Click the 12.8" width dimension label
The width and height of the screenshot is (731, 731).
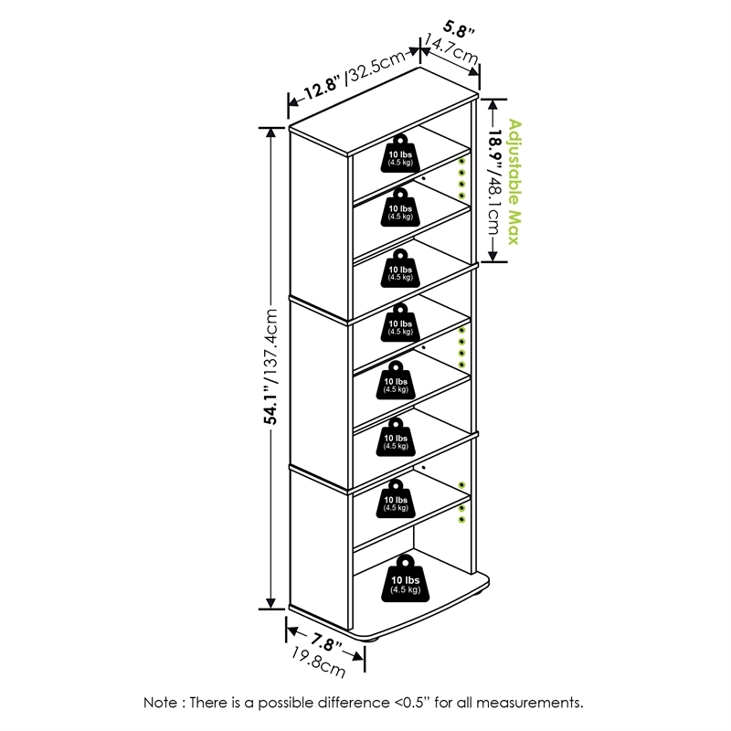(x=322, y=88)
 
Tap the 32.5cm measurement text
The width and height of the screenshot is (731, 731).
(x=375, y=68)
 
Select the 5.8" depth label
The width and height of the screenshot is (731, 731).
(x=460, y=29)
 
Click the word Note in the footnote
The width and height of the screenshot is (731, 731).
(x=160, y=703)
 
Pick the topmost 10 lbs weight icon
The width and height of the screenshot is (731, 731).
(x=399, y=154)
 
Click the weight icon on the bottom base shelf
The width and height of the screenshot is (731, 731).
(x=404, y=577)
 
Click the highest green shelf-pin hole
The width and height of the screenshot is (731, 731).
(x=461, y=161)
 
